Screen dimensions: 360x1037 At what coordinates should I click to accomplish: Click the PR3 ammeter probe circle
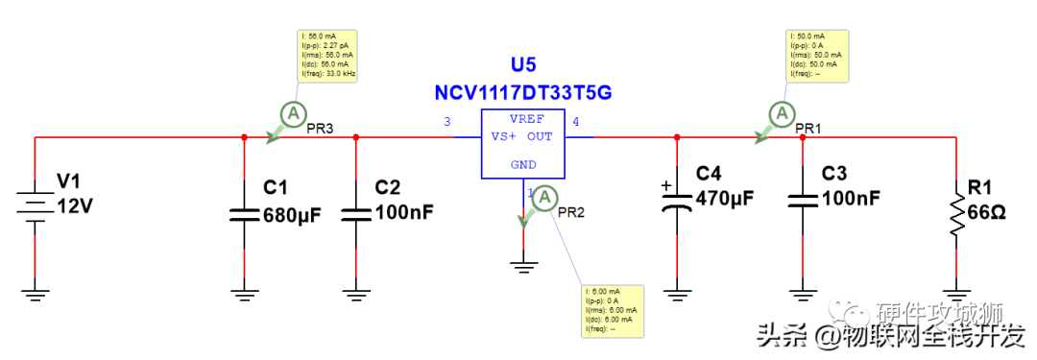pos(292,114)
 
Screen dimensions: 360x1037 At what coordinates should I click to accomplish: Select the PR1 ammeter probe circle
pos(783,114)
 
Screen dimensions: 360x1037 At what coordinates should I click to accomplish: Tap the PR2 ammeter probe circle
pos(544,197)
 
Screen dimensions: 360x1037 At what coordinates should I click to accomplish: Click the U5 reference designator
pos(523,65)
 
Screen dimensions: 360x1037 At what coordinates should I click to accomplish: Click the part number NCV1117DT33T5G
pos(523,93)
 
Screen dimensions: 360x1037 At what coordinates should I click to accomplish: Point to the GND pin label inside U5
pos(523,164)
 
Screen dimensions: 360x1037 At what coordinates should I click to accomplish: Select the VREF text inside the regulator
pos(526,119)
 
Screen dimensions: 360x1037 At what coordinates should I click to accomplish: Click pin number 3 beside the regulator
pos(446,122)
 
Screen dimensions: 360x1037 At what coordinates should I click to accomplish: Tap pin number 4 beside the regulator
pos(576,122)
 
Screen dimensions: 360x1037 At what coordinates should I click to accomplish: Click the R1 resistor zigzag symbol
pos(957,213)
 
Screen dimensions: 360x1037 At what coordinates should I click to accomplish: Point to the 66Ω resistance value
pos(986,212)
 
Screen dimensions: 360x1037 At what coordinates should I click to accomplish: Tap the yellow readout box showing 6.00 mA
pos(612,310)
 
